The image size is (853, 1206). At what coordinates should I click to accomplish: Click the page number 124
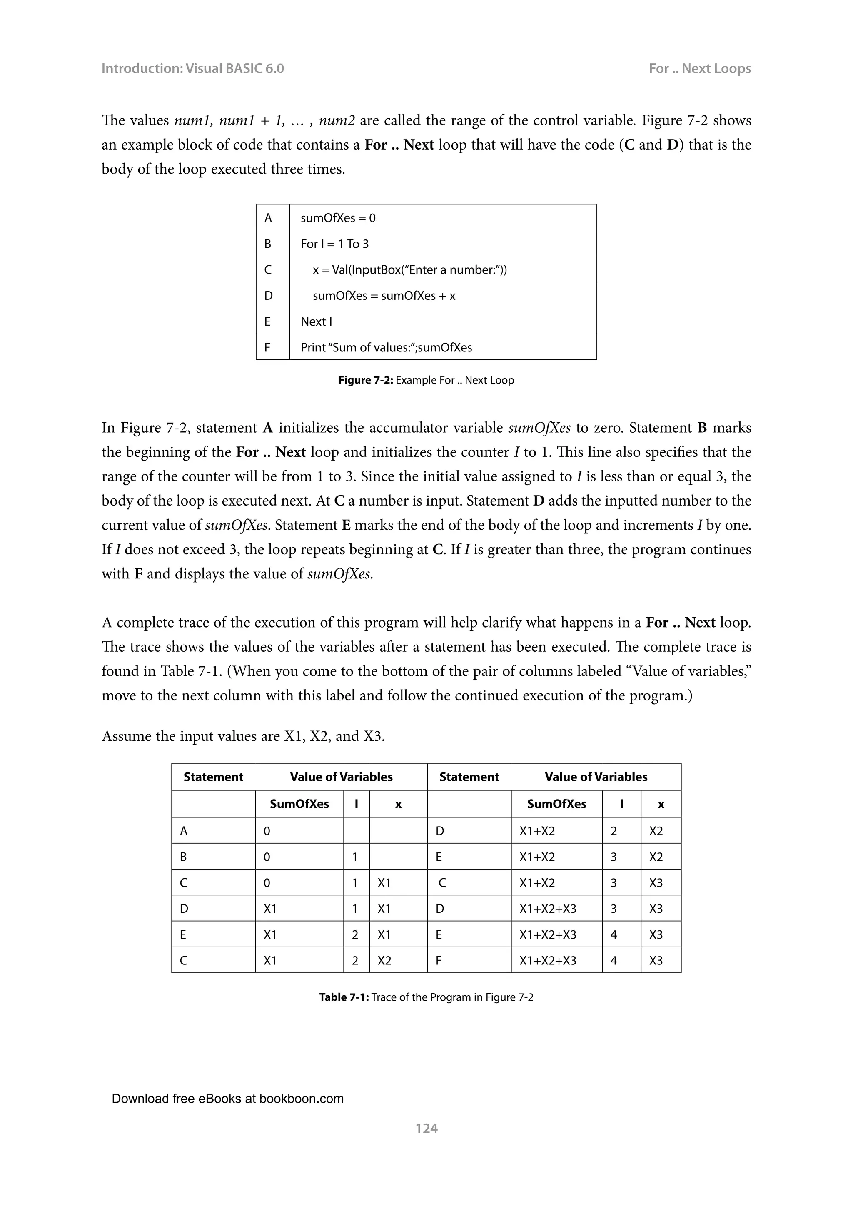point(426,1128)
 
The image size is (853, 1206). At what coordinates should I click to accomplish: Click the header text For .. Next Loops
point(699,69)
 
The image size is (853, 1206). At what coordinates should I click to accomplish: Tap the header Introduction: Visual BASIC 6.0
point(192,69)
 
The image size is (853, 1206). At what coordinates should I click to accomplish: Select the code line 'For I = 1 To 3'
point(334,244)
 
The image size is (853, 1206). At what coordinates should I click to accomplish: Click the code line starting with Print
point(386,347)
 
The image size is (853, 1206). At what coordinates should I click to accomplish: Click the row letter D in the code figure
point(268,296)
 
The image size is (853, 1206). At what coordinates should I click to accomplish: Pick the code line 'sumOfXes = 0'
point(338,218)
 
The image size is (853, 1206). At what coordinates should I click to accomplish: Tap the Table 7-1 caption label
point(426,997)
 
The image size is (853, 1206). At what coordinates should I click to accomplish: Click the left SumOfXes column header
point(299,804)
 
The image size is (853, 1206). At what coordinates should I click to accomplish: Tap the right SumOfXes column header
point(556,804)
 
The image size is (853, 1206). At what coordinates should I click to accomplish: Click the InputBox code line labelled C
point(410,270)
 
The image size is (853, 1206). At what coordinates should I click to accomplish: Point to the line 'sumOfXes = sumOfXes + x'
point(384,296)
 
